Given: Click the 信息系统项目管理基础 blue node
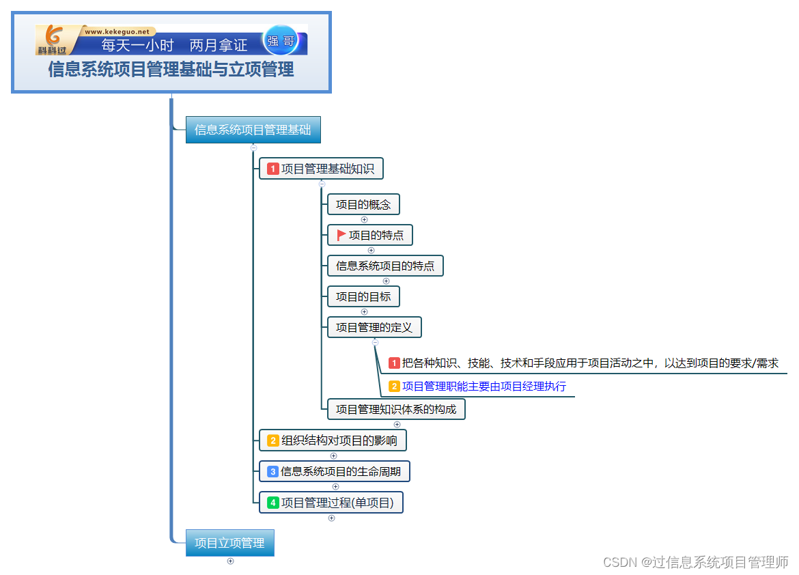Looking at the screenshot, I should pos(252,130).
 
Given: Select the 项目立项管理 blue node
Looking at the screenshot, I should pos(229,543).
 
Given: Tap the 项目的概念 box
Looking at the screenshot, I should pos(363,205).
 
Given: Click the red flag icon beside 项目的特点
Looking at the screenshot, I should pos(341,236).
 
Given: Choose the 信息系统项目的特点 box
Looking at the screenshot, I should pos(385,266).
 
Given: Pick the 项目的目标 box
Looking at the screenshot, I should pos(363,297).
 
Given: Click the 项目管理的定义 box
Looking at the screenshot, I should pos(374,328).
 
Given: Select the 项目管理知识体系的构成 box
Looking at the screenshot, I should pos(396,410).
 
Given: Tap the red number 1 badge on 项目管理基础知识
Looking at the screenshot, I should pos(273,169).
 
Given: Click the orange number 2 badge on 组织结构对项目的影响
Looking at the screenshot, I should pos(273,440).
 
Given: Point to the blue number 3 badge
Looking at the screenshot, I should pos(272,471).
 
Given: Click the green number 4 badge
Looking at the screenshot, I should pos(273,503).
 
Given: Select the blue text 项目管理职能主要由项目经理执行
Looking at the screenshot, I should pos(483,387).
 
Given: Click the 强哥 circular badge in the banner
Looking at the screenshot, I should pos(281,41).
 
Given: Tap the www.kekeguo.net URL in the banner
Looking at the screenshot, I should pos(117,31).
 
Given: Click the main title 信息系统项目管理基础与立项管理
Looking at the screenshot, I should pos(171,70).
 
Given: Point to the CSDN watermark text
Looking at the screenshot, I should pos(696,562).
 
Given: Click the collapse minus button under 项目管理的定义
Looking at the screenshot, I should pos(375,342).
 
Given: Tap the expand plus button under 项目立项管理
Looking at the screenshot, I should pos(230,561).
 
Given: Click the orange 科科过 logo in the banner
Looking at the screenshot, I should pos(53,40).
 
